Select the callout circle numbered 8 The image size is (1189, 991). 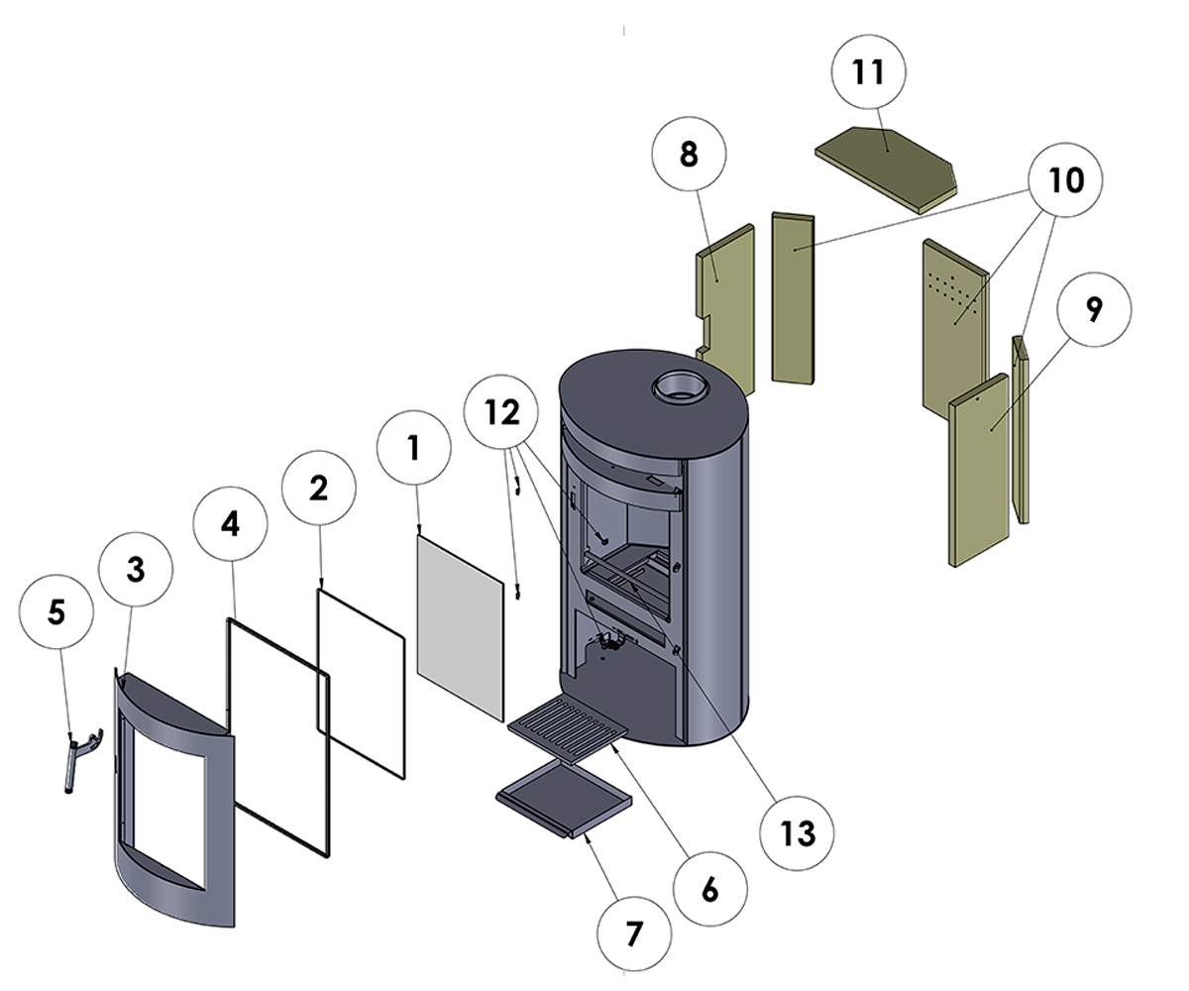point(689,155)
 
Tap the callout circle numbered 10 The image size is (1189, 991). point(1064,180)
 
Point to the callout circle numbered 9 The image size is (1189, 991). point(1093,309)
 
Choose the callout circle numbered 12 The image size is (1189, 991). point(502,411)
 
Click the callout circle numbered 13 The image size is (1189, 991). point(797,833)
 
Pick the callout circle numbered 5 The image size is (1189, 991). point(55,611)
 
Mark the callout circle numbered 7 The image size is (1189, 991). point(634,934)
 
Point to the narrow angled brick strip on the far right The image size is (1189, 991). point(1022,426)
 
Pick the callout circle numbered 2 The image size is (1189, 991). point(318,488)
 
